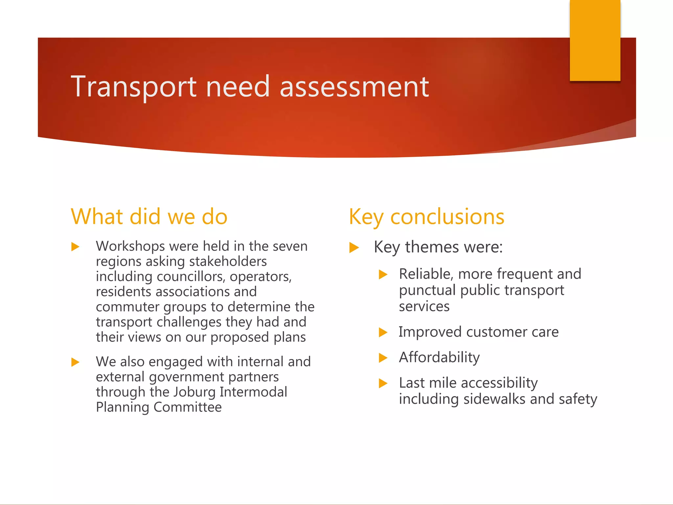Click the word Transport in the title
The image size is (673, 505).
133,86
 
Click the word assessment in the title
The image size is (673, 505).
354,86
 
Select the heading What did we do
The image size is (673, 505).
149,217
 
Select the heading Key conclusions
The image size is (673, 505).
426,217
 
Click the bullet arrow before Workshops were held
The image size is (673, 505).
76,247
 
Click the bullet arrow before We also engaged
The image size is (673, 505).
76,362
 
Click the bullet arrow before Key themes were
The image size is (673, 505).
354,247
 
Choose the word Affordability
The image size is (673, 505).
439,357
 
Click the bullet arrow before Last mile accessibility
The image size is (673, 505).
383,383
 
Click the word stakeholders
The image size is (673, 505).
228,261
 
